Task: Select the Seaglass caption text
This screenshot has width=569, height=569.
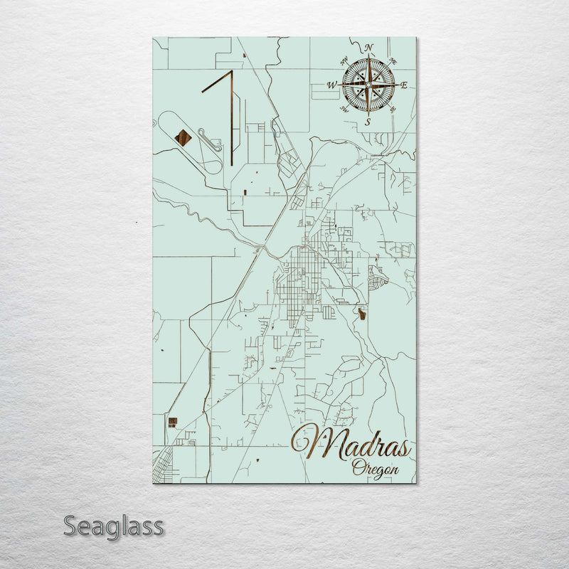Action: [114, 527]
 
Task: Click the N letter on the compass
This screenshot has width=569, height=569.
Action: [368, 48]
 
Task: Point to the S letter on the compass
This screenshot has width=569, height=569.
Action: [368, 122]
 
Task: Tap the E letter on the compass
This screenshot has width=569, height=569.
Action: [404, 85]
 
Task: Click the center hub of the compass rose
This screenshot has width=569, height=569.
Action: [368, 85]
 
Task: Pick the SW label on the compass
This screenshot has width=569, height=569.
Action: [344, 109]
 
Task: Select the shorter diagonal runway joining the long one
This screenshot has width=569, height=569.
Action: [216, 81]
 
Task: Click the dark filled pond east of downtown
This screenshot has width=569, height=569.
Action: [363, 312]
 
